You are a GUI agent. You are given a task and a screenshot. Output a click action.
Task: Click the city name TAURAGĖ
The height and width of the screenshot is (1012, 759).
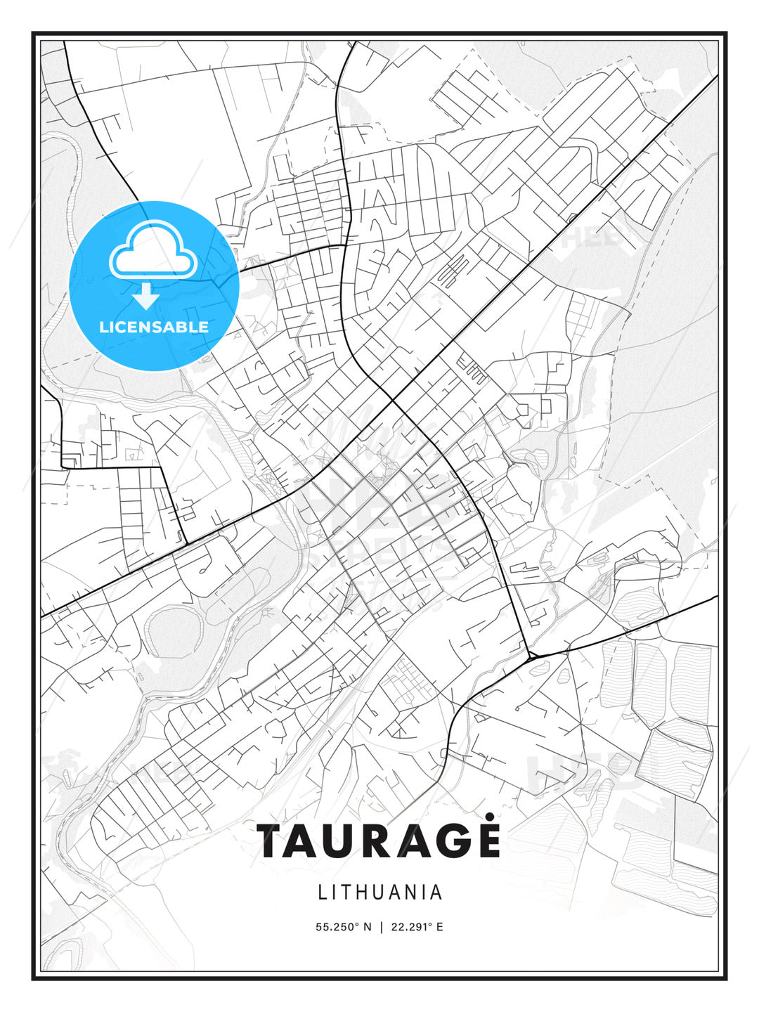click(379, 841)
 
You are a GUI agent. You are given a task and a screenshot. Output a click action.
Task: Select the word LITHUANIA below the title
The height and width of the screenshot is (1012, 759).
click(380, 893)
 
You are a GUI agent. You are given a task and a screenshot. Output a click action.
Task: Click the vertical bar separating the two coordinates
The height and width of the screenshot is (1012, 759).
click(380, 927)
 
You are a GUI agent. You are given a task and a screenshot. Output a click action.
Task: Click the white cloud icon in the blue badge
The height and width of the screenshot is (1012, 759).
click(153, 250)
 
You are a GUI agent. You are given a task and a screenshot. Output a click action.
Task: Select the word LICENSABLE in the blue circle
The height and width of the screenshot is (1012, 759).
click(154, 327)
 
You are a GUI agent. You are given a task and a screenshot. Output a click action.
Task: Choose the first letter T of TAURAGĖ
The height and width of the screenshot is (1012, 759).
click(271, 841)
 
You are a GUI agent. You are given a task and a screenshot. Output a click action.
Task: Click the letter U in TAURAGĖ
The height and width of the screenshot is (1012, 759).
click(345, 841)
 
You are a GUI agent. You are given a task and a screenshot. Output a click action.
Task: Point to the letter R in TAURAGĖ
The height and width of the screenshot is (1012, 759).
click(380, 841)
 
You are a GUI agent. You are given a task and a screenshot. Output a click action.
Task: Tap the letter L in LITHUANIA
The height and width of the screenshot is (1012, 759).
click(323, 893)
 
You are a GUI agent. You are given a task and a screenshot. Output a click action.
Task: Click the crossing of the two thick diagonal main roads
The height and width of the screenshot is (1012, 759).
click(391, 401)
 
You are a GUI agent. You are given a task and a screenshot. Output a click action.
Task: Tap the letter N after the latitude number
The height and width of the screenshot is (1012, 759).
click(367, 927)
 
